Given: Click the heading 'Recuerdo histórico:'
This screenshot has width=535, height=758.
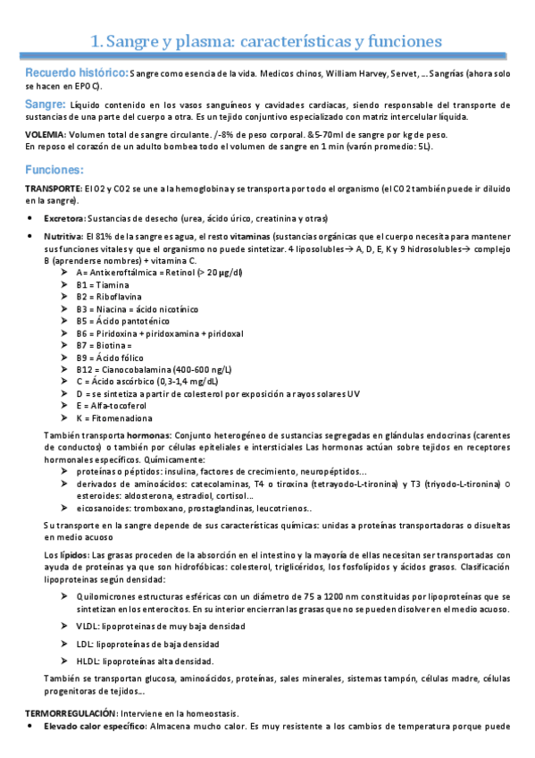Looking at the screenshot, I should (77, 71).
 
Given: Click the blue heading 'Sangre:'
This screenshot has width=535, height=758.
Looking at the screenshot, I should (46, 105).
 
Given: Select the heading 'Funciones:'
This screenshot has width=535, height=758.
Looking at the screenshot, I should (54, 169).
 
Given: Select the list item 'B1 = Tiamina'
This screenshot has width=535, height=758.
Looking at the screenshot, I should (102, 284).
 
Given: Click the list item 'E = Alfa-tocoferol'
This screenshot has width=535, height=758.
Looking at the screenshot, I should (114, 405).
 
